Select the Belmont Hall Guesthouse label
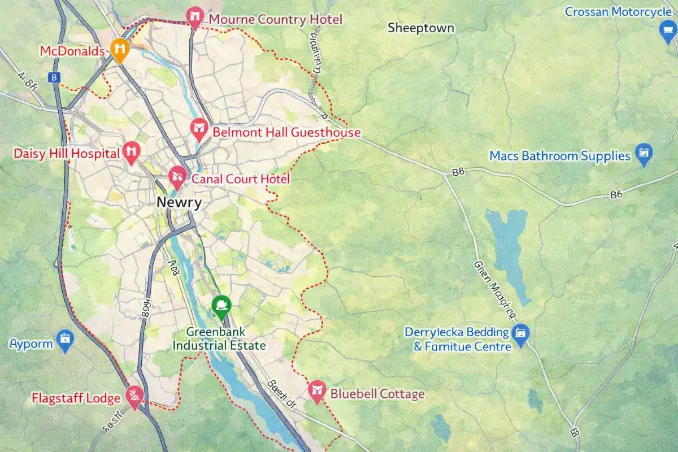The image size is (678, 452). click(286, 133)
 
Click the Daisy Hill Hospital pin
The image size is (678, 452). click(131, 151)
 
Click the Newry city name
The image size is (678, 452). click(179, 203)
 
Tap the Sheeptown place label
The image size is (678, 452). click(420, 28)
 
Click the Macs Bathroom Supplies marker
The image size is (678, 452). click(644, 153)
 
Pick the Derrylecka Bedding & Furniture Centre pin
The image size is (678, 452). click(519, 334)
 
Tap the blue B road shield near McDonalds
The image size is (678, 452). click(54, 78)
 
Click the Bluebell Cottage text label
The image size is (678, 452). click(377, 394)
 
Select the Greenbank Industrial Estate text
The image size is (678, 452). click(219, 339)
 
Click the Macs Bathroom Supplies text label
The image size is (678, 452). click(559, 155)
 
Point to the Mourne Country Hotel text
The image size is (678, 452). click(275, 20)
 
